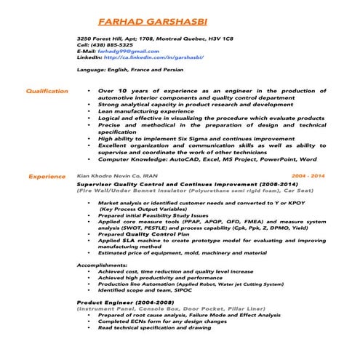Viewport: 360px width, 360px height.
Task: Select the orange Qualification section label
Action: pos(47,92)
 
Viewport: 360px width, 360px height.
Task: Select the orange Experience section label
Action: pos(47,177)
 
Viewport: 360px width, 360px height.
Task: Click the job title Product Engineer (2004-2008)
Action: pos(125,302)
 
